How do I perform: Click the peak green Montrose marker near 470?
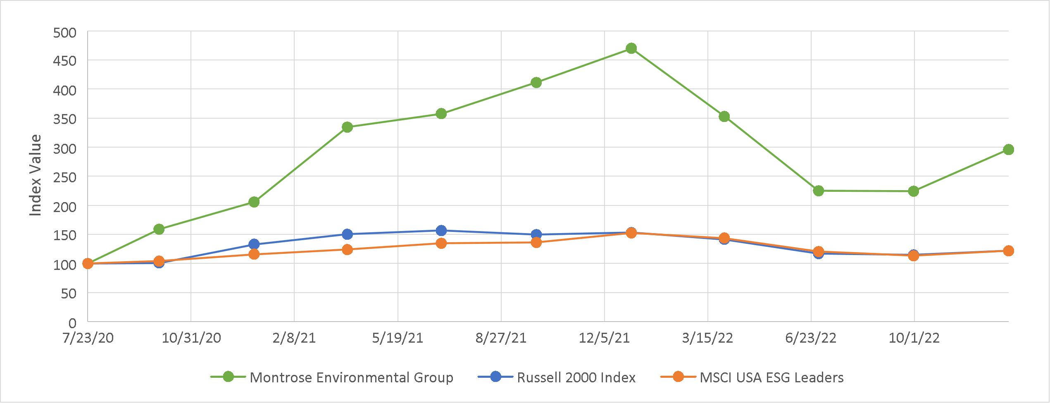click(631, 48)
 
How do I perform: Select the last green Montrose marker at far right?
click(1008, 150)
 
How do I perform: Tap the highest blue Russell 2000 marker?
click(441, 230)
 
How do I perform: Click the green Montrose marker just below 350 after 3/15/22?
click(724, 117)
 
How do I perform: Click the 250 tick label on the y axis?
click(65, 177)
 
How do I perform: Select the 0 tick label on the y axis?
click(72, 322)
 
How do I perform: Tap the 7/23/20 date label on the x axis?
click(88, 338)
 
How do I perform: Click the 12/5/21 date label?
click(604, 338)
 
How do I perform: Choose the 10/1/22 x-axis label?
click(914, 338)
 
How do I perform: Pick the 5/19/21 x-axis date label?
click(398, 338)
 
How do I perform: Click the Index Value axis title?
click(36, 175)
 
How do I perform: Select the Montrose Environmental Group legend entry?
click(351, 377)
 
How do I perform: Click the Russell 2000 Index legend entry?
click(576, 377)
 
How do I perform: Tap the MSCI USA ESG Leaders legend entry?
click(771, 377)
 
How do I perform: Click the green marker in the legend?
click(228, 377)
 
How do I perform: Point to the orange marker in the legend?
click(678, 377)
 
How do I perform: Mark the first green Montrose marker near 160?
click(159, 229)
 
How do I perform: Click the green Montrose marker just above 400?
click(536, 83)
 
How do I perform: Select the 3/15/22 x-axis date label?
click(707, 338)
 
